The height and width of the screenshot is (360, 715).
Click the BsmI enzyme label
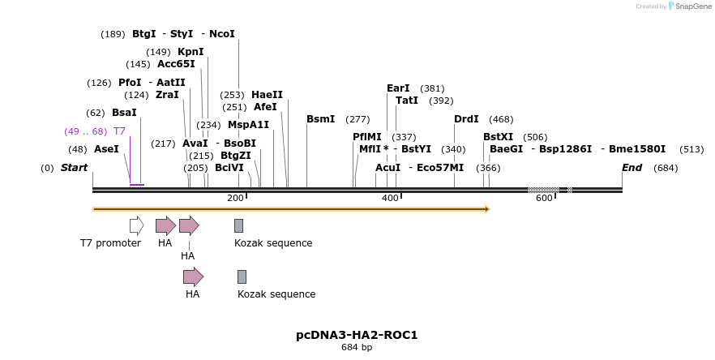click(320, 119)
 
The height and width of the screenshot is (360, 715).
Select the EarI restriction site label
click(398, 88)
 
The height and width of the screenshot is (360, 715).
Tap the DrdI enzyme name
click(466, 119)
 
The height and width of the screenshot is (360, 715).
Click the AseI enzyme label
click(106, 149)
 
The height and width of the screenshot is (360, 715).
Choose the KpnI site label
click(191, 52)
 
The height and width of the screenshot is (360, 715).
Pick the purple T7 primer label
click(119, 131)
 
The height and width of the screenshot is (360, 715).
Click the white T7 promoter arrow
click(136, 225)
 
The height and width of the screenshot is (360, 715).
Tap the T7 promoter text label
click(110, 243)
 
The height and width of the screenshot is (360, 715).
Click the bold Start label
click(74, 168)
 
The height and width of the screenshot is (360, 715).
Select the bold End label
click(632, 168)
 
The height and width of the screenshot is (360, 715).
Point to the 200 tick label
click(235, 199)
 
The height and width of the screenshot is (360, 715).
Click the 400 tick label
click(390, 199)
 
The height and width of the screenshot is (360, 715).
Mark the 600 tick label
click(544, 199)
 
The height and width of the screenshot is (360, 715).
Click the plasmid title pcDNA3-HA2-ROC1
click(357, 335)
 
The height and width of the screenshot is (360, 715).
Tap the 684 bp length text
click(357, 348)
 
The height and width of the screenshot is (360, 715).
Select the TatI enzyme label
click(407, 101)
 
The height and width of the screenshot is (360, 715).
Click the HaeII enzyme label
click(267, 95)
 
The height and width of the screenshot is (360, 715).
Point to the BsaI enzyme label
click(124, 113)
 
